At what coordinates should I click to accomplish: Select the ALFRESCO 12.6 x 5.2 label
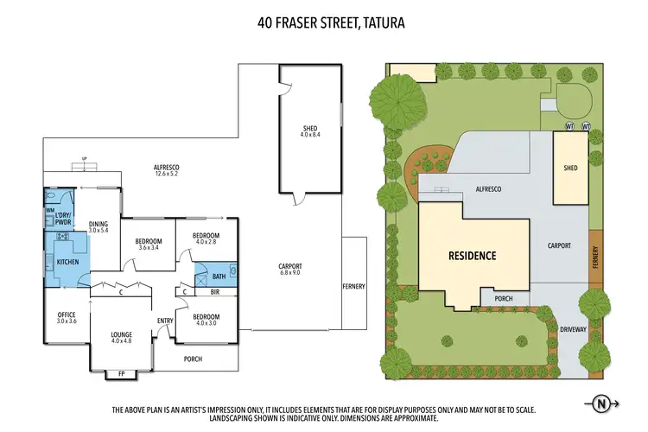pos(166,170)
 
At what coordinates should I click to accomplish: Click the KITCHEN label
pos(68,260)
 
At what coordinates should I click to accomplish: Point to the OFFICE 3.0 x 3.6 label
pos(67,317)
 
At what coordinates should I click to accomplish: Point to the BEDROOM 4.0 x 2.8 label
pos(206,239)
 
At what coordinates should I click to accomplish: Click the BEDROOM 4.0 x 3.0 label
pos(206,320)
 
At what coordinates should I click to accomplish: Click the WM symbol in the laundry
pos(50,210)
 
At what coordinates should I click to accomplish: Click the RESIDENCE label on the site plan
pos(472,256)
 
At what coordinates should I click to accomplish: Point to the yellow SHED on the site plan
pos(570,168)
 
